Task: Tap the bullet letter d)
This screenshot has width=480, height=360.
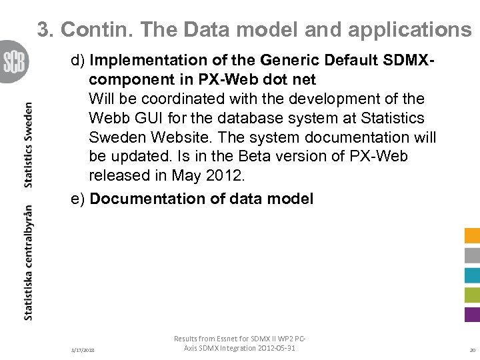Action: click(79, 61)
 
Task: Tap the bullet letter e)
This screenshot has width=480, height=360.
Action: click(79, 199)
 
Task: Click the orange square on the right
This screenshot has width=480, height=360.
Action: click(472, 235)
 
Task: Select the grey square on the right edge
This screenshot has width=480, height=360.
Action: click(472, 255)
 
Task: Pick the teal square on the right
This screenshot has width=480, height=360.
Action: click(472, 275)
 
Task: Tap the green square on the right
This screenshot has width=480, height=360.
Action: click(472, 295)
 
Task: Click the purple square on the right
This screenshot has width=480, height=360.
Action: click(472, 315)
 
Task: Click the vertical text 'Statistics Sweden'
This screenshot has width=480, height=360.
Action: click(29, 145)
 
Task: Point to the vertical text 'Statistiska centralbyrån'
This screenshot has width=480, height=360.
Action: click(29, 262)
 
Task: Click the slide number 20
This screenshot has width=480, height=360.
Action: click(472, 350)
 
